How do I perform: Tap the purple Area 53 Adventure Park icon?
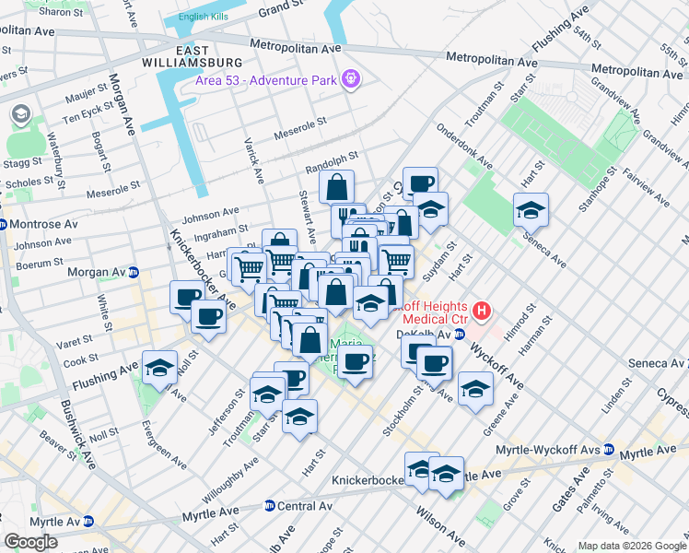(350, 79)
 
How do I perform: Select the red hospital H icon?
(481, 312)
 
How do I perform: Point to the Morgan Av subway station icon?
(134, 273)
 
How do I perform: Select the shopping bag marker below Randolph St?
(338, 186)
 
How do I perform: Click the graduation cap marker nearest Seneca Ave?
(531, 211)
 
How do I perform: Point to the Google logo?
(29, 542)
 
